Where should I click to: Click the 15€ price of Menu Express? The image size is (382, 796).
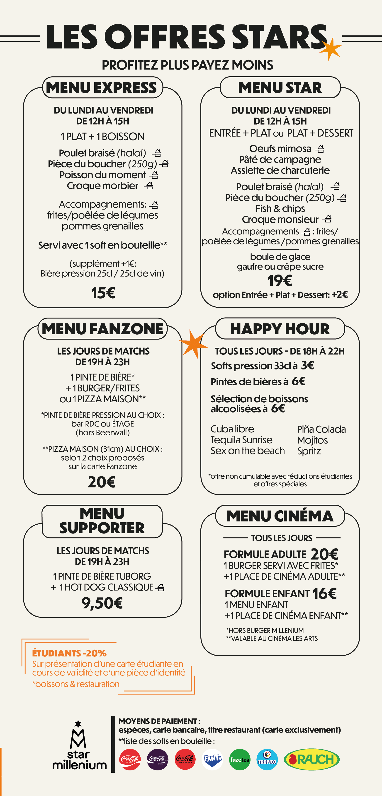[x=103, y=293]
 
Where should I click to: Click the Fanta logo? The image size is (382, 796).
[x=212, y=759]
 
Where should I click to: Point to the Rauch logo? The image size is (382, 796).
[x=312, y=759]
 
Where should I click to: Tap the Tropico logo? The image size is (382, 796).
[x=267, y=759]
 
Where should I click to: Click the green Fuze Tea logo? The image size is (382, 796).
[x=240, y=759]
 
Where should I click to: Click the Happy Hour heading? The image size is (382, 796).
[x=280, y=329]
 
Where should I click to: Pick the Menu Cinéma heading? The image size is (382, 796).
[x=280, y=516]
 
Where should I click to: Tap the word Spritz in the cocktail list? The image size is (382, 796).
[x=309, y=451]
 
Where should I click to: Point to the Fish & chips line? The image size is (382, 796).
[x=280, y=209]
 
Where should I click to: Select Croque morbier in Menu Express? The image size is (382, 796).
[x=103, y=186]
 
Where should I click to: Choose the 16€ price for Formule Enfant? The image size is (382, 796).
[x=324, y=593]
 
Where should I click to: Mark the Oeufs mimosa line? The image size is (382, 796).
[x=280, y=149]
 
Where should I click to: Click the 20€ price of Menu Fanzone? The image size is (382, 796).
[x=102, y=482]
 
